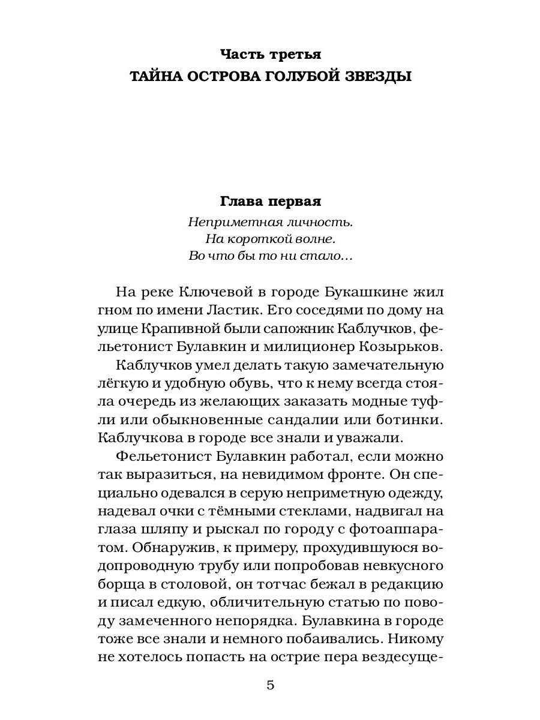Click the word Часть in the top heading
coord(241,55)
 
